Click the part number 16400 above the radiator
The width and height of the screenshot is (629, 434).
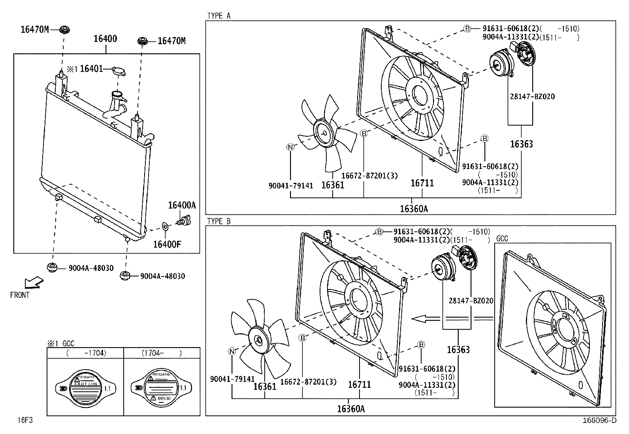click(105, 39)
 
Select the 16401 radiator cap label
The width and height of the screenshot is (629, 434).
click(91, 69)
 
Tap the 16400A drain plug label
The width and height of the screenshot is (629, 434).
click(182, 205)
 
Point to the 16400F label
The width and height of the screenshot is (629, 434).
click(167, 244)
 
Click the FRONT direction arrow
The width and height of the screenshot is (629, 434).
click(34, 283)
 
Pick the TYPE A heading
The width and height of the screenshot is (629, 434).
click(218, 16)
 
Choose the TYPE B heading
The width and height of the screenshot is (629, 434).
click(218, 221)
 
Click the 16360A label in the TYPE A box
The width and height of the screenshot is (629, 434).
click(414, 209)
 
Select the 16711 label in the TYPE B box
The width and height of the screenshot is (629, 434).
click(359, 384)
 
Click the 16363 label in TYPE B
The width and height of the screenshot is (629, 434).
click(458, 349)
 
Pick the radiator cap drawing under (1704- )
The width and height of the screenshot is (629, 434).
click(162, 387)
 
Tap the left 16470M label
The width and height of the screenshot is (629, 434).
click(35, 29)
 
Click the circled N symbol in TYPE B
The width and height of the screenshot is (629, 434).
click(232, 351)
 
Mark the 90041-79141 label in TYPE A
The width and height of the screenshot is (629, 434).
click(291, 185)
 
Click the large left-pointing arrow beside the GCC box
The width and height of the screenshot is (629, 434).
click(425, 318)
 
